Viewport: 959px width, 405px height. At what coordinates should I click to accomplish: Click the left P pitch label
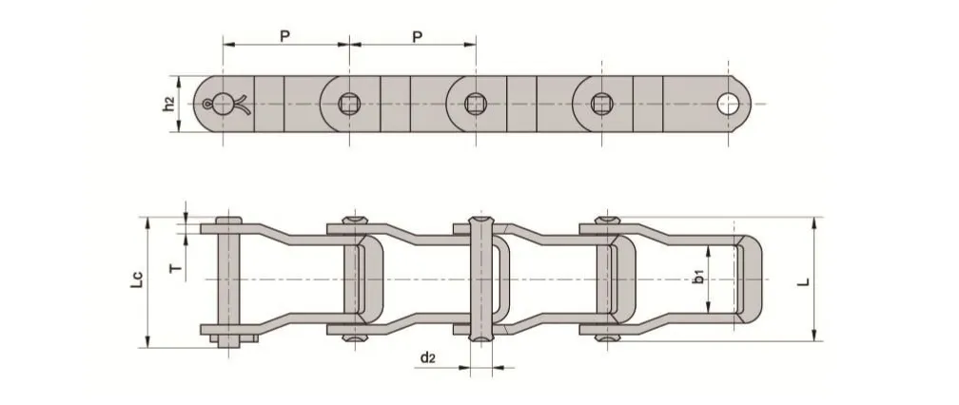coord(284,35)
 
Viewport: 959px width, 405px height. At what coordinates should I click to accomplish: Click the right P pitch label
coord(416,35)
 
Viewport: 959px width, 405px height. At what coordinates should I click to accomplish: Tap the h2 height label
coord(168,105)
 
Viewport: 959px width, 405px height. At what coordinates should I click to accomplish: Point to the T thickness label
coord(174,269)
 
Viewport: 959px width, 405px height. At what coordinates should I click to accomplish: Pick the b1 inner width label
coord(698,278)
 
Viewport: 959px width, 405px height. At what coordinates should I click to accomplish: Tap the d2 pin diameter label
coord(429,357)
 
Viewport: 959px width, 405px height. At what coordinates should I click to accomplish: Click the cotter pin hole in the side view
coord(223,104)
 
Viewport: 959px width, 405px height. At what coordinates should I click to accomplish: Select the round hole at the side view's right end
coord(730,104)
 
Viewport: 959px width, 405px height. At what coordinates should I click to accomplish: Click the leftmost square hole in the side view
coord(349,103)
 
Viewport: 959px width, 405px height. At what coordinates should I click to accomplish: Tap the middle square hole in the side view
coord(475,103)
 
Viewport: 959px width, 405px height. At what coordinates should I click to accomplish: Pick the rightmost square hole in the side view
coord(601,103)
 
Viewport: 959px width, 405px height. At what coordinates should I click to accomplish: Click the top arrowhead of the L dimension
coord(814,222)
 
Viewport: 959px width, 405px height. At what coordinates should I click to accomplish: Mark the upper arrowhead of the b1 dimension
coord(710,249)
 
